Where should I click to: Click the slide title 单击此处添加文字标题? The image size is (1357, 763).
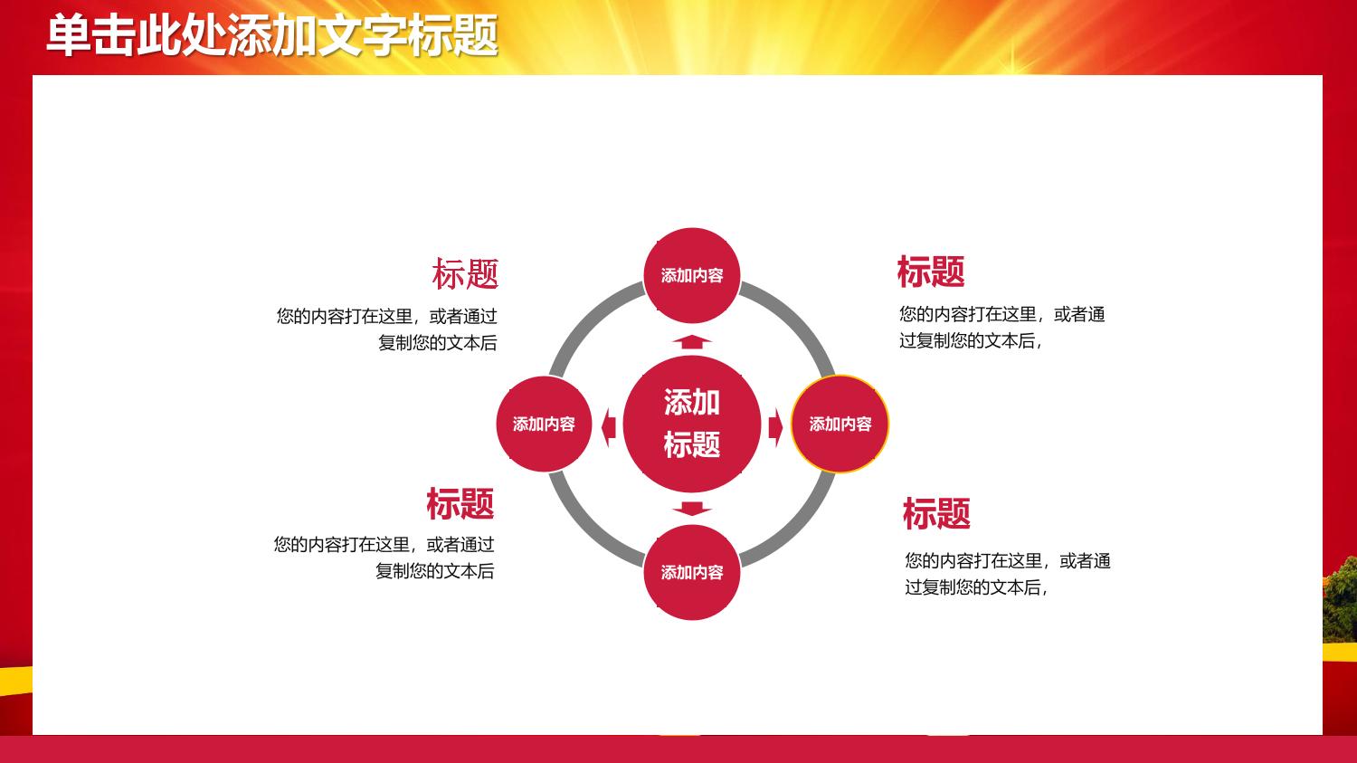pos(272,36)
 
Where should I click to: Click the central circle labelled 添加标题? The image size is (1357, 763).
pos(692,424)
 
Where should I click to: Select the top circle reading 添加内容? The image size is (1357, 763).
pos(692,276)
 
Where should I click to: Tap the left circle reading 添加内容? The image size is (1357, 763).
pos(544,424)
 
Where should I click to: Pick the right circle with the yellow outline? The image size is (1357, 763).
pos(840,424)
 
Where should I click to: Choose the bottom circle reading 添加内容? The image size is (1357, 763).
pos(692,572)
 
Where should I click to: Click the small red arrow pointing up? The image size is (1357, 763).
pos(692,342)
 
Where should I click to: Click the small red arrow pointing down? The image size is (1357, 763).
pos(692,509)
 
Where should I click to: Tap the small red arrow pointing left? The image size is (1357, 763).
pos(608,427)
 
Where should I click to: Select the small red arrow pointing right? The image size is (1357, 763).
pos(775,427)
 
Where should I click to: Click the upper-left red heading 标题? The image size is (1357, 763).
pos(465,273)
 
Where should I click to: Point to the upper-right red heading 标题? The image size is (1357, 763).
pos(931,272)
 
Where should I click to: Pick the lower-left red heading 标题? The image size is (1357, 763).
pos(460,503)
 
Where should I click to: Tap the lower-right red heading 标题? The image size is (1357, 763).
pos(936,513)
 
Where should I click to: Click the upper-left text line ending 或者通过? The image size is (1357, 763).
pos(386,317)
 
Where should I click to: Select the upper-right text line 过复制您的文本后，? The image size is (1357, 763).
pos(971,341)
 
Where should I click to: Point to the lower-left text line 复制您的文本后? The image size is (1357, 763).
pos(434,571)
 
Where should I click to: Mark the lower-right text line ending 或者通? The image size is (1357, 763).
pos(1008,560)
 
